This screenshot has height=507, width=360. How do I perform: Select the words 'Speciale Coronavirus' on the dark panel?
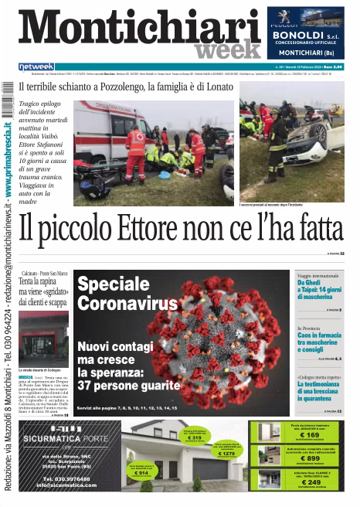[127, 294]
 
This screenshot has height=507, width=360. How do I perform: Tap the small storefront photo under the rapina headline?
[43, 339]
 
